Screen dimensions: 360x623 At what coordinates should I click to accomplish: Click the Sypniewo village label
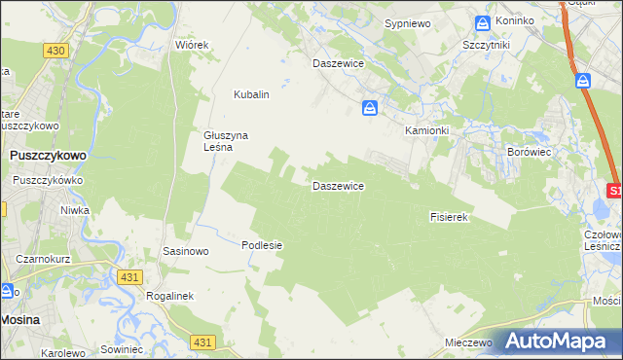407,22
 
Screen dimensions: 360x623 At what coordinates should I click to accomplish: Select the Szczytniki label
488,45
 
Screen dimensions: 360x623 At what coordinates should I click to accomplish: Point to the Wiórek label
192,46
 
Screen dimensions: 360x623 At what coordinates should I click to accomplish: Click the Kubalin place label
250,95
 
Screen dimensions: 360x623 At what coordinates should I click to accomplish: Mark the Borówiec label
529,152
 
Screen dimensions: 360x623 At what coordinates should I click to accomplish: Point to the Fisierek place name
450,217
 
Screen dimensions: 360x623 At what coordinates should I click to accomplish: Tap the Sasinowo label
186,251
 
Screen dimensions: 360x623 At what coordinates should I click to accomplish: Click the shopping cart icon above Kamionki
369,108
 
